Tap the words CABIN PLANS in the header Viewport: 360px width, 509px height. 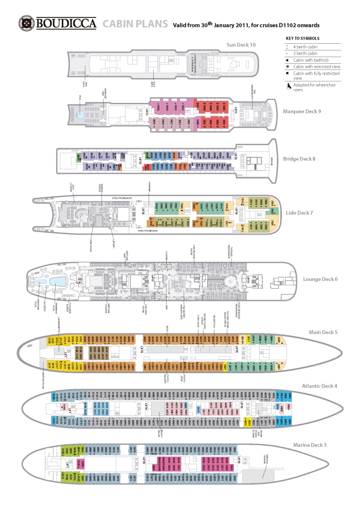pyautogui.click(x=135, y=24)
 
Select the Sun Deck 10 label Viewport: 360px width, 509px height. pyautogui.click(x=241, y=45)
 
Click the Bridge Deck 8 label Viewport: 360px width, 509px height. pyautogui.click(x=299, y=159)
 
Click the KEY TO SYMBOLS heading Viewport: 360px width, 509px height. pyautogui.click(x=302, y=39)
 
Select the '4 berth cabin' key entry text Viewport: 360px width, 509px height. pyautogui.click(x=304, y=47)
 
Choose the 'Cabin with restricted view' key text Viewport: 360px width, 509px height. pyautogui.click(x=317, y=66)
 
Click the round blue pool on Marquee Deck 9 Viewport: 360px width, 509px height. pyautogui.click(x=81, y=114)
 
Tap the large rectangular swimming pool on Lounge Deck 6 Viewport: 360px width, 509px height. pyautogui.click(x=57, y=281)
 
